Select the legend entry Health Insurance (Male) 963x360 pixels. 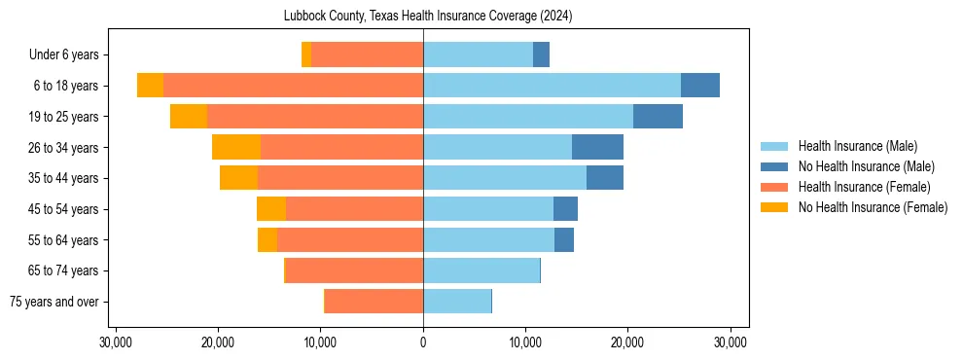pyautogui.click(x=857, y=146)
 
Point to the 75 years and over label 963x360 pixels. pyautogui.click(x=53, y=302)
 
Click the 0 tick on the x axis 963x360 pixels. pyautogui.click(x=423, y=342)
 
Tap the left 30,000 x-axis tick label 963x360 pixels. pyautogui.click(x=116, y=342)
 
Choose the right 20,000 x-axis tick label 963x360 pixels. pyautogui.click(x=627, y=342)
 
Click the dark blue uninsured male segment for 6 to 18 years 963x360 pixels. pyautogui.click(x=700, y=86)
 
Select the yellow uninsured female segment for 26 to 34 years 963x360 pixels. pyautogui.click(x=236, y=147)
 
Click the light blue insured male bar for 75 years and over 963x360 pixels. pyautogui.click(x=457, y=302)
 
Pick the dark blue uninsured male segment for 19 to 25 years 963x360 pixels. pyautogui.click(x=658, y=117)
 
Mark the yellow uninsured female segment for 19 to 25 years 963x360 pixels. pyautogui.click(x=189, y=117)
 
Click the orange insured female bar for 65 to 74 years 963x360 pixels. pyautogui.click(x=354, y=270)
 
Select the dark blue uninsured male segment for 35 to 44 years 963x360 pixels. pyautogui.click(x=605, y=178)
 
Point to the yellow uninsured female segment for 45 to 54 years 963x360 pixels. pyautogui.click(x=271, y=209)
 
